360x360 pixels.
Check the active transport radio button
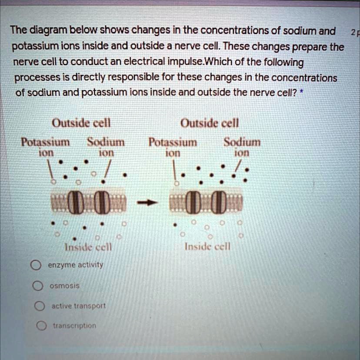tap(39, 306)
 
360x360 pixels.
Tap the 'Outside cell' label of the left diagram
tap(81, 123)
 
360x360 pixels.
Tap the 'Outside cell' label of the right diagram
tap(210, 123)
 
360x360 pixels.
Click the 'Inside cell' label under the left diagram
tap(88, 247)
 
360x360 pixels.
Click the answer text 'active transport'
tap(78, 306)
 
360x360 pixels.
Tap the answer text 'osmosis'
tap(64, 286)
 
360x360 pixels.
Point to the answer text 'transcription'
tap(74, 326)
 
